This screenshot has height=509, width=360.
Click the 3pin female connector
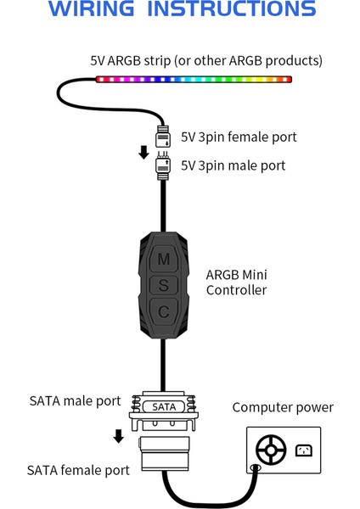[164, 135]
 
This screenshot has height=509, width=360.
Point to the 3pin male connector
[164, 165]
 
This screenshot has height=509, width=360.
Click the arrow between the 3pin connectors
[144, 152]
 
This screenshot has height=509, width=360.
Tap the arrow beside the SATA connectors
[119, 436]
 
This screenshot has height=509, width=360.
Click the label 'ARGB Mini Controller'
[236, 282]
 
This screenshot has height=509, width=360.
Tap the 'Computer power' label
[283, 408]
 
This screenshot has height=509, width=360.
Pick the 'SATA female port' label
[78, 469]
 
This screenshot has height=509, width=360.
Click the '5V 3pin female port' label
[239, 137]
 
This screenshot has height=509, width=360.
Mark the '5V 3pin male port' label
[233, 165]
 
